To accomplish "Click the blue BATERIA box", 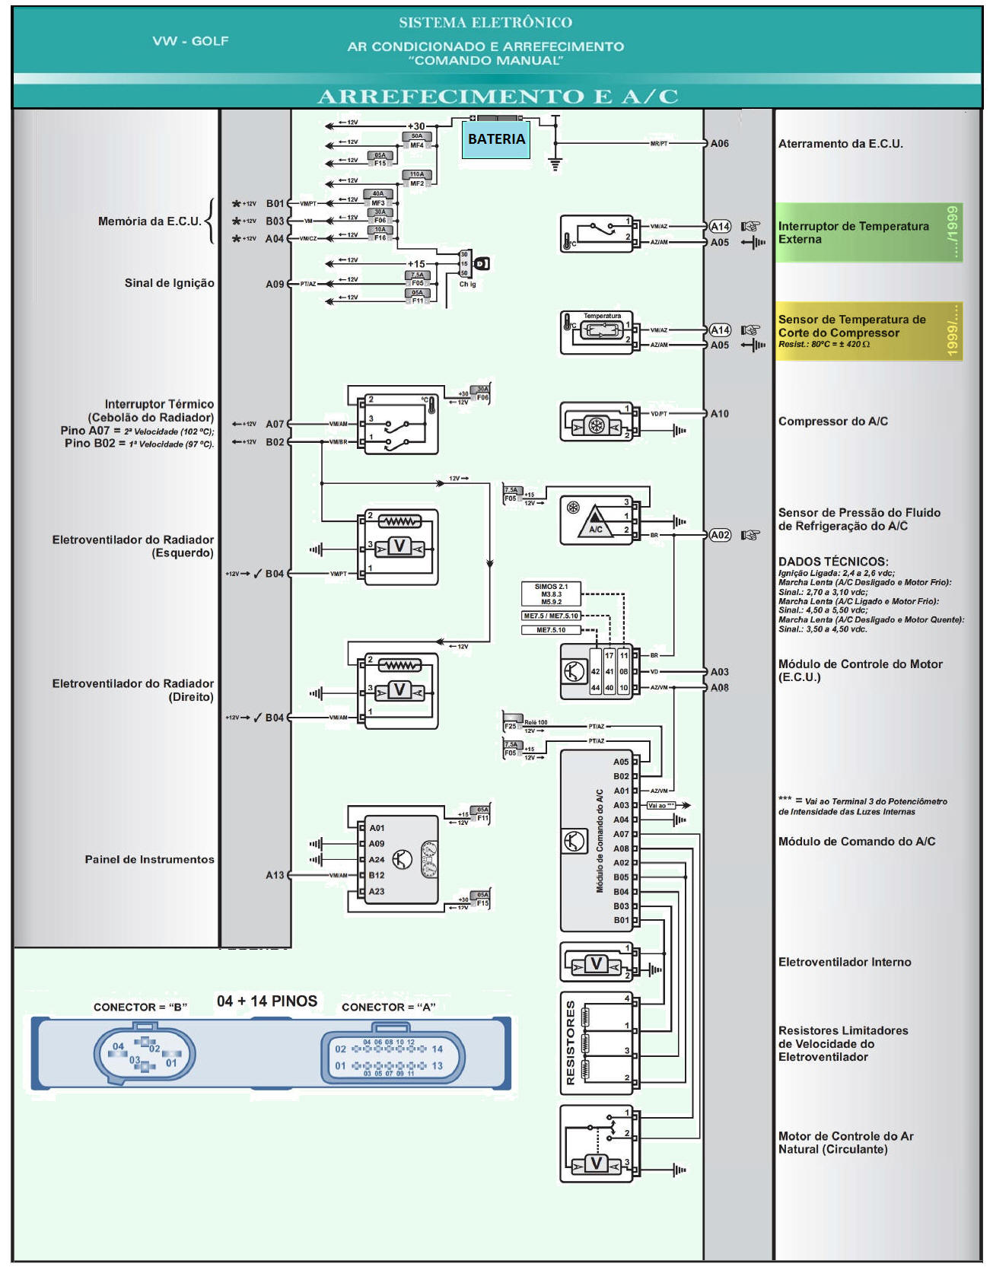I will pos(496,139).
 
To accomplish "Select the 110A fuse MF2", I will pos(417,179).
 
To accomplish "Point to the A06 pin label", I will pos(719,143).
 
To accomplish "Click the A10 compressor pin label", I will pos(719,414).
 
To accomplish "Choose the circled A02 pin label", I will pos(720,535).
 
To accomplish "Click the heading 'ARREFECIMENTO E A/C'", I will pos(498,97).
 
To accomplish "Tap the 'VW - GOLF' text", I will pos(190,41).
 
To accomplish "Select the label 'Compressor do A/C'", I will pos(832,422).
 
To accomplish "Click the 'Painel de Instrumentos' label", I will pos(149,859).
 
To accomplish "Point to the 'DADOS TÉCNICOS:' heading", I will pos(832,562).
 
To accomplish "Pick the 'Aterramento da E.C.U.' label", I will pos(840,144).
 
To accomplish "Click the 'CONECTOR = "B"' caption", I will pos(140,1007).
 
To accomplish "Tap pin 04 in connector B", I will pos(118,1046).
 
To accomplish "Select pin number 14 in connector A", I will pos(437,1049).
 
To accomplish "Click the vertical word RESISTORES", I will pos(570,1043).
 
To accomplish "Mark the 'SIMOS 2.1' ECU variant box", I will pos(551,587).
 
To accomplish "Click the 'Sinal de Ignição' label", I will pos(169,283).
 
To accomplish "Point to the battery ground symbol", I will pos(555,164).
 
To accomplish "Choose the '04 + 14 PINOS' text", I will pos(266,1001).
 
